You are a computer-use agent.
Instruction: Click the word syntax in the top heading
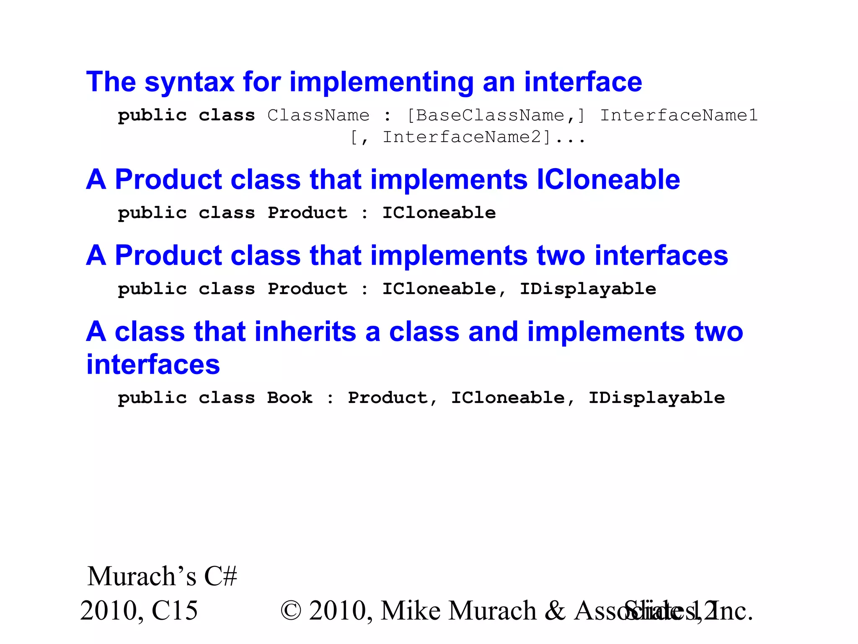click(x=189, y=82)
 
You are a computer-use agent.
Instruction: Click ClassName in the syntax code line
click(x=318, y=115)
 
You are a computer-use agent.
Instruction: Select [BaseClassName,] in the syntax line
click(x=496, y=115)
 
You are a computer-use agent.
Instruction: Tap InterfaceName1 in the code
click(x=679, y=115)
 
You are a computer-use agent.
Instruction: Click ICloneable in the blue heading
click(x=608, y=180)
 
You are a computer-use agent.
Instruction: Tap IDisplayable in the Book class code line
click(x=656, y=398)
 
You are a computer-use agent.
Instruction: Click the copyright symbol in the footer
click(x=291, y=611)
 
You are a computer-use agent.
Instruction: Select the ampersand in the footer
click(x=555, y=611)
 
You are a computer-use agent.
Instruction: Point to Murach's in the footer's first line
click(x=142, y=576)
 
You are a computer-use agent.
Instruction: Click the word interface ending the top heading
click(x=583, y=82)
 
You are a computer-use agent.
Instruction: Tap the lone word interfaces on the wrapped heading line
click(x=153, y=365)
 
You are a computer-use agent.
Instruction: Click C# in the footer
click(x=220, y=576)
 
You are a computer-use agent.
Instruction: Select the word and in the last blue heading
click(x=493, y=332)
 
